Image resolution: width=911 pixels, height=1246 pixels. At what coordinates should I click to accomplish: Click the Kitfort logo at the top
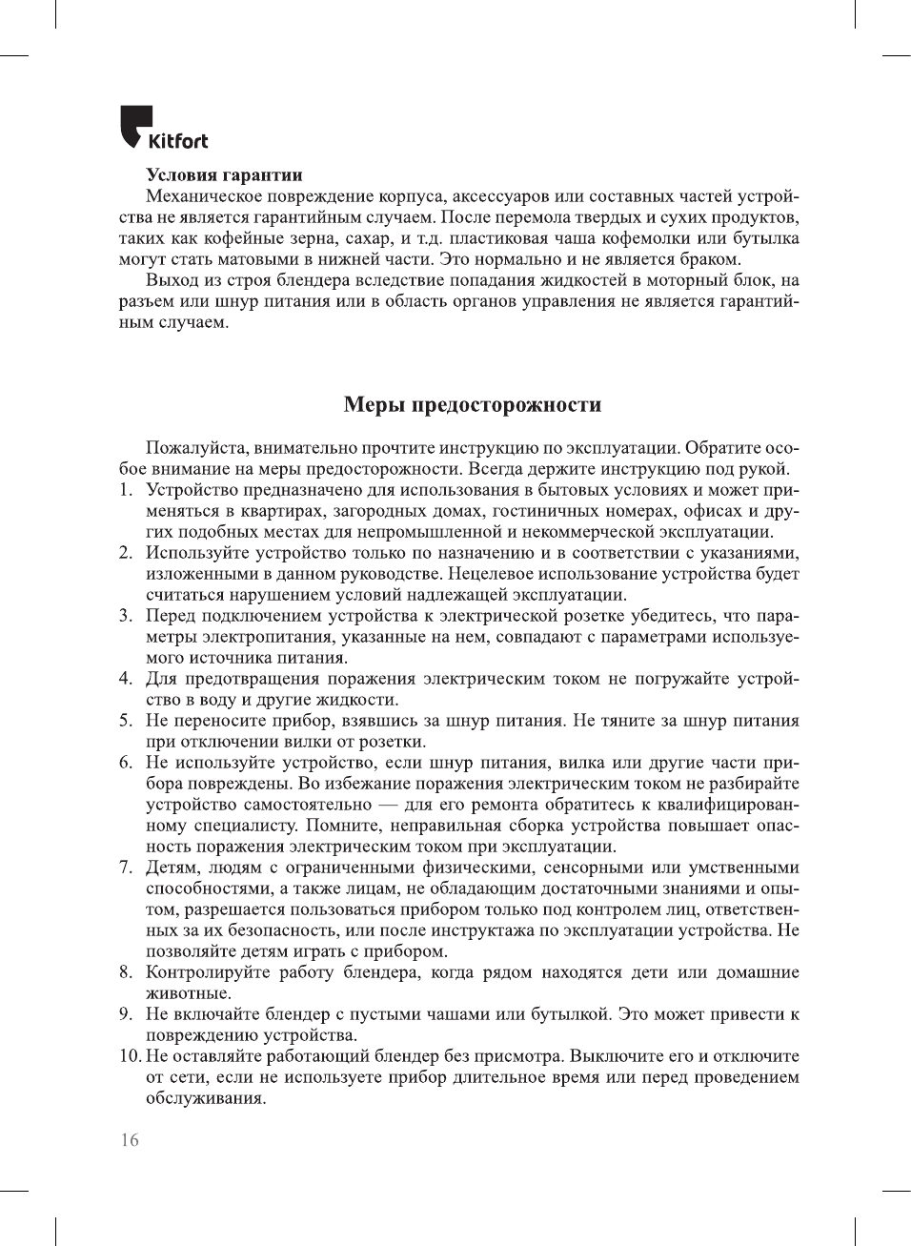(163, 129)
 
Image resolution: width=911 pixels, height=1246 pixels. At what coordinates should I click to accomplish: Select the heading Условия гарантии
(224, 174)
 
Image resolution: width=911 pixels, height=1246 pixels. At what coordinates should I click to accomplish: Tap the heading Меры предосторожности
(472, 404)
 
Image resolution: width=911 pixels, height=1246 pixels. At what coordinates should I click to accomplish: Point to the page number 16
(129, 1140)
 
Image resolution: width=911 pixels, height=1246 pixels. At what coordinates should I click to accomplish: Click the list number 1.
(125, 490)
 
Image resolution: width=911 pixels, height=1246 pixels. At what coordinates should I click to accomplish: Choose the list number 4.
(125, 679)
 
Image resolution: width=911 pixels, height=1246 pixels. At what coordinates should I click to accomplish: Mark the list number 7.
(125, 868)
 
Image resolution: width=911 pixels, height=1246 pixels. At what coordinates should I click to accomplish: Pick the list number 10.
(130, 1056)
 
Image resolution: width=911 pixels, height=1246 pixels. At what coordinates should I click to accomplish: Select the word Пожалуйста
(194, 448)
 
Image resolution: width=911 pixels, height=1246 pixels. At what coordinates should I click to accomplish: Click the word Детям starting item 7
(171, 868)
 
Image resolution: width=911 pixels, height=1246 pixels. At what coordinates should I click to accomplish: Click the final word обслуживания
(205, 1098)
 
